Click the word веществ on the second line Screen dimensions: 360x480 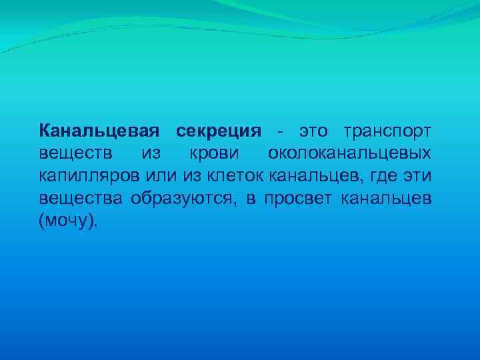[71, 153]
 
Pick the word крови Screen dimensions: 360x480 [214, 153]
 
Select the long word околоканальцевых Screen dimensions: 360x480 [349, 153]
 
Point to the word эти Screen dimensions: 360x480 [416, 176]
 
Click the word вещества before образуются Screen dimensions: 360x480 [80, 199]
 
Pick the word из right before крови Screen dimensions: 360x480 [151, 153]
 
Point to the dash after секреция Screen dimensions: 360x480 [282, 130]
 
